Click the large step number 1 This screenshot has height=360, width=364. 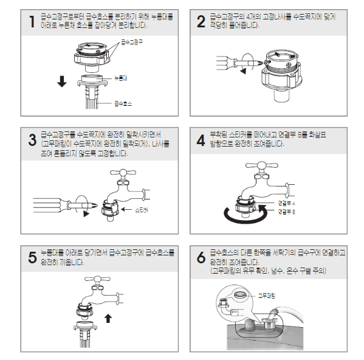click(32, 22)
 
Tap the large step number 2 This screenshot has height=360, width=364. click(201, 22)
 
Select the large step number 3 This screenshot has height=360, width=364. click(32, 140)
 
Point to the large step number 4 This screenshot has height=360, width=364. click(201, 140)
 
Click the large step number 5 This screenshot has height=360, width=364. click(32, 258)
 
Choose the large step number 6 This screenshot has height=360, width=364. click(201, 258)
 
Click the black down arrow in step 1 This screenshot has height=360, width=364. click(62, 81)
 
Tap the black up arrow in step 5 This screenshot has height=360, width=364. click(108, 318)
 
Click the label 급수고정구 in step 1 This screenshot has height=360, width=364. click(132, 43)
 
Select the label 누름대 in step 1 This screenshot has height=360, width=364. click(121, 78)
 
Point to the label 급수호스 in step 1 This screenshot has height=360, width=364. click(123, 103)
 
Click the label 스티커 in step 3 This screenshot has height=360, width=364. click(142, 210)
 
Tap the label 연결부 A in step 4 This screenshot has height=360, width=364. click(286, 204)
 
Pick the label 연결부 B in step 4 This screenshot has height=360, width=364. click(286, 212)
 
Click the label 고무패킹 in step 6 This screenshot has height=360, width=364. click(267, 296)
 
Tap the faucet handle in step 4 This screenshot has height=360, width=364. click(262, 165)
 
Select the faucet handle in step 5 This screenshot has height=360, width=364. click(97, 279)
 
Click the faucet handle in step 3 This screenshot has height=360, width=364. click(123, 172)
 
